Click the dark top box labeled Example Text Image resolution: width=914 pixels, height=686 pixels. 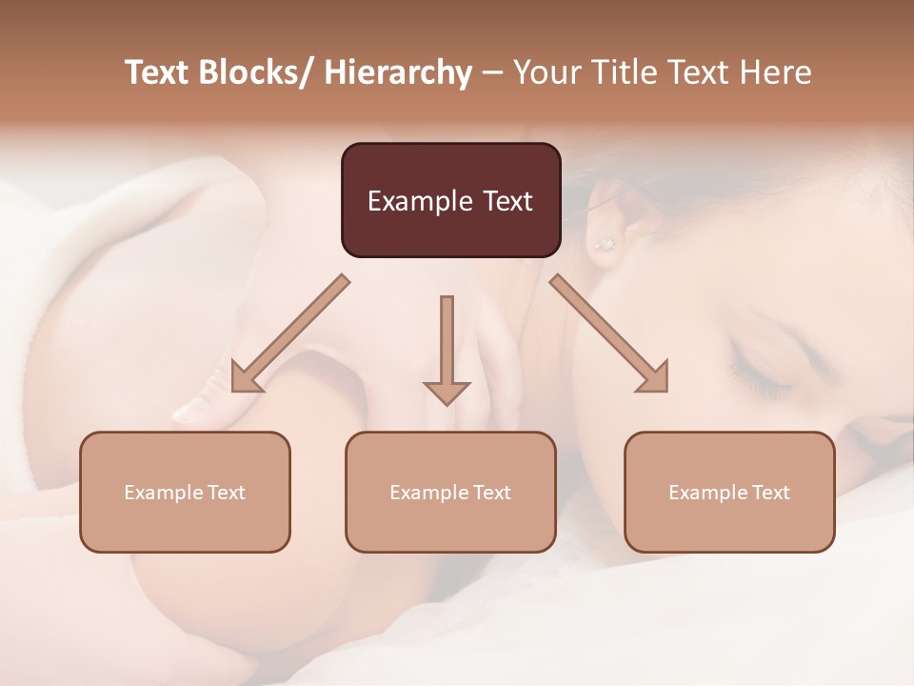pos(450,200)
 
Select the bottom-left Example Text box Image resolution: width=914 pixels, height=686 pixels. pos(185,492)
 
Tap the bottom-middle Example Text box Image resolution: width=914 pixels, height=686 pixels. pos(450,492)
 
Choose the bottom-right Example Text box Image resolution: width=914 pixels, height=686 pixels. pos(729,492)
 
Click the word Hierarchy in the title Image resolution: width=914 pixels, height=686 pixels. pos(397,72)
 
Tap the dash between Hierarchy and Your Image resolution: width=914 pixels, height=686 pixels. pos(491,72)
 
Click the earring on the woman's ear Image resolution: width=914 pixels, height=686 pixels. pos(604,243)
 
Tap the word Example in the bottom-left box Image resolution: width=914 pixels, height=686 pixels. pos(162,492)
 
